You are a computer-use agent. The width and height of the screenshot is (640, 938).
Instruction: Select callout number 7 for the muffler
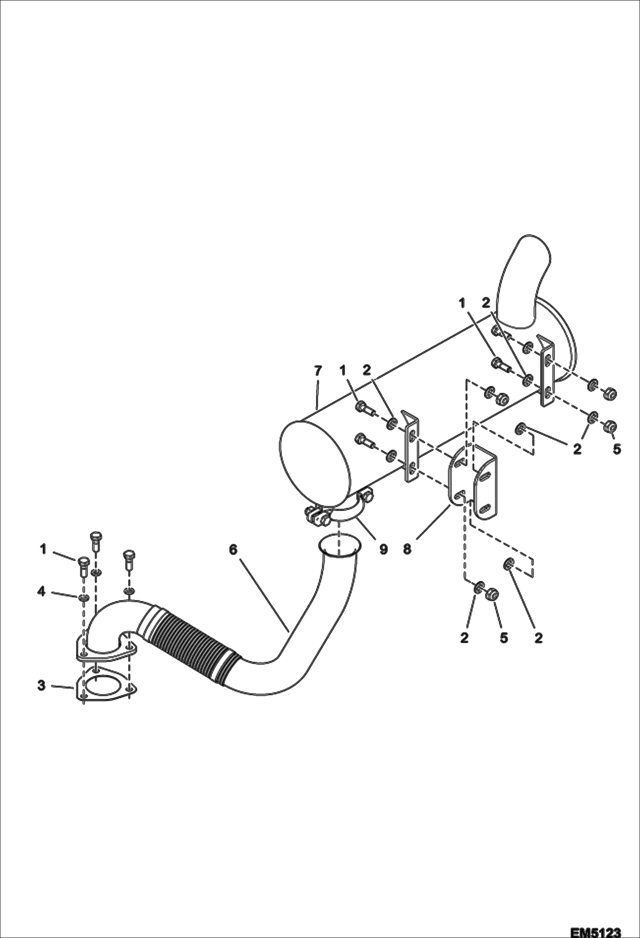click(x=317, y=371)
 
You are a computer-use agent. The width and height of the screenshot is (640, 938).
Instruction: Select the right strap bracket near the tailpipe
click(x=547, y=372)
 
